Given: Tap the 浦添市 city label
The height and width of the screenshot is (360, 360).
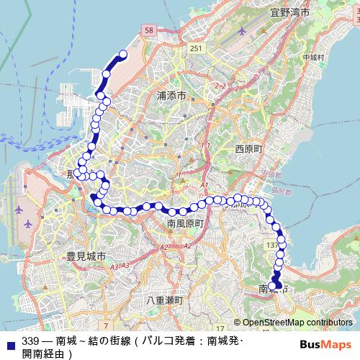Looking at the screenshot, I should [x=171, y=95].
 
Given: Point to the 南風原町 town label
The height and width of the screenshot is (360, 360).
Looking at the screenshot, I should [x=186, y=224].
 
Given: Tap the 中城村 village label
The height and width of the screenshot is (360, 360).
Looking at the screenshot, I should [x=314, y=57].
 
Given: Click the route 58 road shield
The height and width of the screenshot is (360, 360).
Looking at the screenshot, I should [x=149, y=30].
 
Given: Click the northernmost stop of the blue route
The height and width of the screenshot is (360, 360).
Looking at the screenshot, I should [x=122, y=55].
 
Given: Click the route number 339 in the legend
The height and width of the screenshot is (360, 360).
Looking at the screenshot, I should [x=30, y=341].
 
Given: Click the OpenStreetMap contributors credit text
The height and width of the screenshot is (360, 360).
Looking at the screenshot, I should [x=297, y=323].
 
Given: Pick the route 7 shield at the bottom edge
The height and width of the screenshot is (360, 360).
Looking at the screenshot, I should [x=105, y=316].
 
